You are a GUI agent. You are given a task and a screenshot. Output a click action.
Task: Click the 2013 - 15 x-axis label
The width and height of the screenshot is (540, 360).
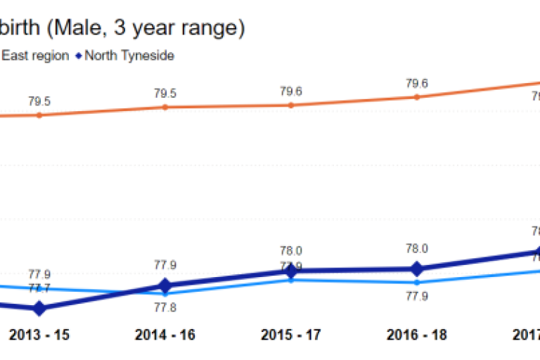point(39,335)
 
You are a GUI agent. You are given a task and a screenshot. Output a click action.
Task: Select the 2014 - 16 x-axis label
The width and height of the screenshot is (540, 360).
point(165,335)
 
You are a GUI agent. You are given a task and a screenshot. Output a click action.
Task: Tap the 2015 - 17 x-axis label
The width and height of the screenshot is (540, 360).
point(290,335)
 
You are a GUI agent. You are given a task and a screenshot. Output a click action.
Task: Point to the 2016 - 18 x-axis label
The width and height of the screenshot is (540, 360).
point(416,335)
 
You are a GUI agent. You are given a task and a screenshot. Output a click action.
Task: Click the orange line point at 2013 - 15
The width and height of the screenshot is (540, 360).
point(39,115)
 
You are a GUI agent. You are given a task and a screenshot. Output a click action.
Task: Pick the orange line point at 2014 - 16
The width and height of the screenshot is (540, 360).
point(165,107)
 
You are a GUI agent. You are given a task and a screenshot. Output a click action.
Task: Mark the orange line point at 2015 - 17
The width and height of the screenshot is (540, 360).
point(290,105)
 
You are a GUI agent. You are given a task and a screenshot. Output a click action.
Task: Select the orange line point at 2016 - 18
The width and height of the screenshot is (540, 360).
point(416,96)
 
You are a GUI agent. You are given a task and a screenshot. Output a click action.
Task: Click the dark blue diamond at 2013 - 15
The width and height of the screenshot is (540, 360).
point(39,308)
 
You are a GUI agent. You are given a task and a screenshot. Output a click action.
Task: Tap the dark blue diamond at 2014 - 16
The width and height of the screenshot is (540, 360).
point(165,285)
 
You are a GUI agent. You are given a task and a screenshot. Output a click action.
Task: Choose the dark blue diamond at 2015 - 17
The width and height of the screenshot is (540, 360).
point(290,271)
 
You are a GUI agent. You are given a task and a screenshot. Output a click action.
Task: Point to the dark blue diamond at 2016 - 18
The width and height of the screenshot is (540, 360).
point(416,269)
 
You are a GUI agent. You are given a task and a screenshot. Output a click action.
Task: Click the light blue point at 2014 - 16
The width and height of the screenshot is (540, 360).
point(165,293)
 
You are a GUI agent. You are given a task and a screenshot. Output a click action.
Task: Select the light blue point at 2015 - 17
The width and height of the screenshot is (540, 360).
point(290,280)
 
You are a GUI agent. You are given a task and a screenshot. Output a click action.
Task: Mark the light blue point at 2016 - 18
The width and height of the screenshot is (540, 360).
point(416,283)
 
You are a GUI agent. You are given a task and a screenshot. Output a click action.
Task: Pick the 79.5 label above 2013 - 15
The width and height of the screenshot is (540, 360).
point(39,101)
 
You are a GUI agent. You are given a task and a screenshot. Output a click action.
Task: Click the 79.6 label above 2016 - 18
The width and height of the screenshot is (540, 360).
point(416,83)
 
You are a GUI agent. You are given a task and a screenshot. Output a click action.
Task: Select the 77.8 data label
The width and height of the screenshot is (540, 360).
point(165,307)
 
